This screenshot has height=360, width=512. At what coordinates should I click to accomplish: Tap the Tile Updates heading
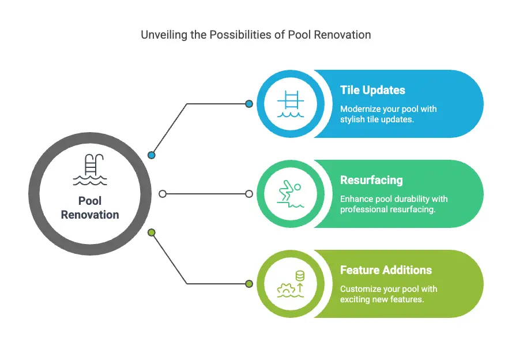(x=372, y=90)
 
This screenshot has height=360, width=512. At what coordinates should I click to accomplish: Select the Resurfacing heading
(x=371, y=180)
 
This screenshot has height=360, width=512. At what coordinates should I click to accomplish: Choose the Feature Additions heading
(x=386, y=270)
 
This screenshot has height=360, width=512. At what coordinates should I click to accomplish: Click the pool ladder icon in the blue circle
(x=291, y=104)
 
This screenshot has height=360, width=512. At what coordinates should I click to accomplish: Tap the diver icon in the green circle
(x=290, y=194)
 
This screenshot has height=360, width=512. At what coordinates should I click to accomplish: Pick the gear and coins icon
(x=291, y=284)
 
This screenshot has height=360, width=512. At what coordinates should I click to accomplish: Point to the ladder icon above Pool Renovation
(x=90, y=170)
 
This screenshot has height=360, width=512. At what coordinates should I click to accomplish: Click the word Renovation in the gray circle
(x=90, y=215)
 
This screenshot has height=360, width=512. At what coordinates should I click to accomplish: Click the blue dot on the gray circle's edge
(x=151, y=155)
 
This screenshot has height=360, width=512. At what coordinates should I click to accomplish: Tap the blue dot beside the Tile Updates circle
(x=249, y=104)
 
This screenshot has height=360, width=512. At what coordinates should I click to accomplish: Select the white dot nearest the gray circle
(x=163, y=194)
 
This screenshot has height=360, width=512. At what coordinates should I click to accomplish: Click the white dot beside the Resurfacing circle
(x=249, y=194)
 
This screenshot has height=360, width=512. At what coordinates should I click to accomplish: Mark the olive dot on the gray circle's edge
(x=151, y=232)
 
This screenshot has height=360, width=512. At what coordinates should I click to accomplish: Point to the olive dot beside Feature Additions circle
(x=249, y=284)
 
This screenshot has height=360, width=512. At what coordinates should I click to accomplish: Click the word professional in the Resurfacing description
(x=359, y=209)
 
